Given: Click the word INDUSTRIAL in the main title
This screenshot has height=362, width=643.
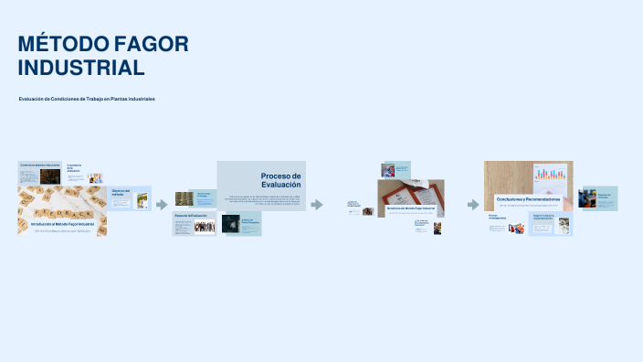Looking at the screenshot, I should (81, 68).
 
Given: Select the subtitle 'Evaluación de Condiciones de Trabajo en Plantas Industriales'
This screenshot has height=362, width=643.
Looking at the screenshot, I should (87, 99).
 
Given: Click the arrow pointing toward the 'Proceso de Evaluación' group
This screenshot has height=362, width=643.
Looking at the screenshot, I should (162, 205).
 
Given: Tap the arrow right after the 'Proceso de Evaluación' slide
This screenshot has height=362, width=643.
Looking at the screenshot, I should (317, 205).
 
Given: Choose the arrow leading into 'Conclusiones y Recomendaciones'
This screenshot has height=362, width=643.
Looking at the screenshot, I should (473, 205).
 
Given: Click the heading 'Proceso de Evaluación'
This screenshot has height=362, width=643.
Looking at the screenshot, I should (280, 179).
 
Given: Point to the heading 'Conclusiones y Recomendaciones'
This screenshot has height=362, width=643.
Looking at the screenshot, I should (528, 198).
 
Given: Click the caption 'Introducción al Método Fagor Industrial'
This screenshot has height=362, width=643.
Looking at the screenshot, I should (62, 224).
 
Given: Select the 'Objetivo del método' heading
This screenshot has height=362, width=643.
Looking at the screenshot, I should (121, 193).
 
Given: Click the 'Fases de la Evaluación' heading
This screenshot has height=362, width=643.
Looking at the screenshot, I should (191, 216).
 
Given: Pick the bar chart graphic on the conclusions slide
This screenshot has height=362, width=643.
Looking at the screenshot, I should (551, 175).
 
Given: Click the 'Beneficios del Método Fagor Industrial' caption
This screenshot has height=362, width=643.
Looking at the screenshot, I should (410, 208).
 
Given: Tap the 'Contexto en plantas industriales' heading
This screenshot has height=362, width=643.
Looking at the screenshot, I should (39, 165).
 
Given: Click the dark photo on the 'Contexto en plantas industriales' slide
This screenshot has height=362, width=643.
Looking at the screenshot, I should (48, 175).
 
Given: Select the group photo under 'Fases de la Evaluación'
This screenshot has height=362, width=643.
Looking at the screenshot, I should (205, 226).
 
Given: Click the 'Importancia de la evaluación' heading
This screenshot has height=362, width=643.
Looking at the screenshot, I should (74, 168).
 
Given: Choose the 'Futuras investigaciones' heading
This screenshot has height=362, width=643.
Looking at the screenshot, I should (497, 218).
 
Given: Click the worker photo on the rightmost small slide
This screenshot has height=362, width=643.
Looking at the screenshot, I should (587, 198).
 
